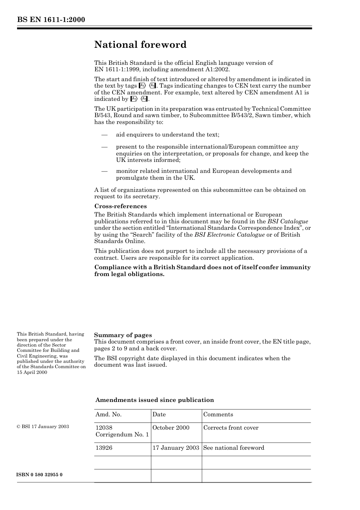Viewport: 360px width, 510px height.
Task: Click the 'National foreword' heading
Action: click(140, 45)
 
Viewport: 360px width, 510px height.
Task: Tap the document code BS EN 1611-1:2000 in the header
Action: click(51, 20)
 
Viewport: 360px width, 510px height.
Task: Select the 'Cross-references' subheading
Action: click(121, 206)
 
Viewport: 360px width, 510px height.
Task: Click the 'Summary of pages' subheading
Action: click(123, 335)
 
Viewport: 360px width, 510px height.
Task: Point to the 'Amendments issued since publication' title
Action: click(155, 400)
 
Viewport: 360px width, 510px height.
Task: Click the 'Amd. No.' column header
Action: click(108, 414)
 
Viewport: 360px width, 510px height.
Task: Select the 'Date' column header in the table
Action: click(159, 414)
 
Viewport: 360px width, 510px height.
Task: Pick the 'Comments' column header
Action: click(218, 414)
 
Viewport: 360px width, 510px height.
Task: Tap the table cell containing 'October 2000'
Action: click(171, 428)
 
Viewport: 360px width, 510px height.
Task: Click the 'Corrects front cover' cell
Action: click(231, 428)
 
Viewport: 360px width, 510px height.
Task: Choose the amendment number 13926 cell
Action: click(104, 448)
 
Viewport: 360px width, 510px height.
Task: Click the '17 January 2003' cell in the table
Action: click(176, 448)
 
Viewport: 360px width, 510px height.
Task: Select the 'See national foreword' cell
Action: click(234, 448)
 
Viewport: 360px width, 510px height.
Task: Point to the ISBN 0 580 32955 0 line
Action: click(40, 475)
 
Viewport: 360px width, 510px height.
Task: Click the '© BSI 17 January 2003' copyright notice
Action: click(43, 427)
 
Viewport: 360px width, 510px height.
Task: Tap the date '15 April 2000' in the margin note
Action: click(32, 372)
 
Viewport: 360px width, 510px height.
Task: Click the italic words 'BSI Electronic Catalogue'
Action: click(230, 235)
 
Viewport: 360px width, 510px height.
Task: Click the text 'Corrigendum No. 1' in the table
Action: click(122, 435)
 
